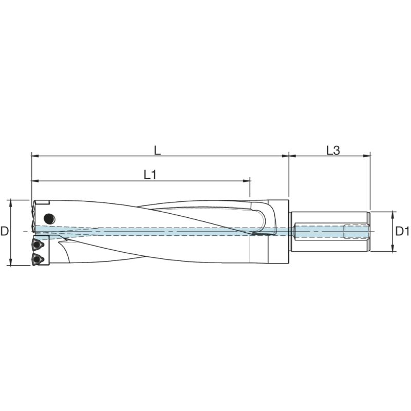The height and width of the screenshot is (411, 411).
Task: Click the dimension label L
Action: click(157, 149)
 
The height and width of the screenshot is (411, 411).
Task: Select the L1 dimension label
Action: click(150, 175)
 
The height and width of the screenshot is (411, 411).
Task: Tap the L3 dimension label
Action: click(333, 150)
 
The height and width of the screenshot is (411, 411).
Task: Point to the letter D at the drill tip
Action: click(5, 231)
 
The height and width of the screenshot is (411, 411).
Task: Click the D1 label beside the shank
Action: click(402, 231)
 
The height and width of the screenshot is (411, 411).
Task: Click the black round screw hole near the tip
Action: click(49, 217)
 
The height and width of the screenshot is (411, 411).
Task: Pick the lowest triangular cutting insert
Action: click(38, 258)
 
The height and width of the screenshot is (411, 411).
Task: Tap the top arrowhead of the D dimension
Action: click(11, 202)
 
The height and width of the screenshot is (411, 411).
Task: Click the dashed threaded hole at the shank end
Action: click(356, 231)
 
